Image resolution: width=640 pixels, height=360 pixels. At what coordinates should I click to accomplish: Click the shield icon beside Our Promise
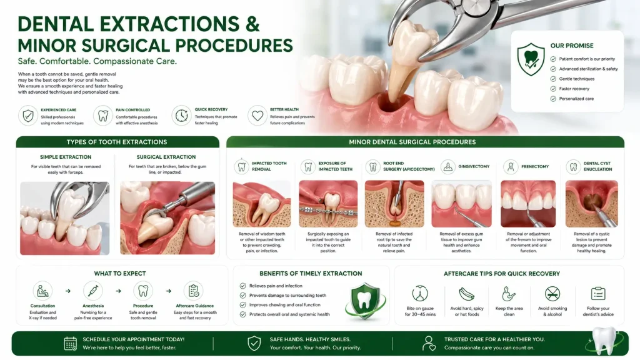click(531, 59)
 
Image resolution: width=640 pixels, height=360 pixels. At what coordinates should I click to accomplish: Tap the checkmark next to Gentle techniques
click(553, 79)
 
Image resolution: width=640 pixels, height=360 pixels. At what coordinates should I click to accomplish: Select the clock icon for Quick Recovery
click(181, 116)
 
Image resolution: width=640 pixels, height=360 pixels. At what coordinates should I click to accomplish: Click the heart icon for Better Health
click(257, 116)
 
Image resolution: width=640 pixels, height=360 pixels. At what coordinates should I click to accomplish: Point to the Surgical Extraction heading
click(166, 157)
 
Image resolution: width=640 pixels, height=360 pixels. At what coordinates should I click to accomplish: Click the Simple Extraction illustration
click(65, 218)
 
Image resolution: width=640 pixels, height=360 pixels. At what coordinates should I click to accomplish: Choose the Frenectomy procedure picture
click(528, 204)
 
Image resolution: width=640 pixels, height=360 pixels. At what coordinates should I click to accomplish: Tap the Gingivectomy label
click(474, 166)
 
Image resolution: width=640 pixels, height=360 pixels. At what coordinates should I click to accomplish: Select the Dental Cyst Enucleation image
click(591, 204)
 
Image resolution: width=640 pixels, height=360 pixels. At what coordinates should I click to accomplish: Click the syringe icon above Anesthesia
click(93, 291)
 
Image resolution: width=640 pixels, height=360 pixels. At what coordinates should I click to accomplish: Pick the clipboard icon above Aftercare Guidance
click(194, 291)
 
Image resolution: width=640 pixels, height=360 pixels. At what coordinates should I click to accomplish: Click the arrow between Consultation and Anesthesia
click(67, 291)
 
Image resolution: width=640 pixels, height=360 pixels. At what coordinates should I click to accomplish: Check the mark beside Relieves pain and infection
click(243, 286)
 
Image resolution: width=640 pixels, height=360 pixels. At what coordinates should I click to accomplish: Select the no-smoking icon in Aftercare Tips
click(552, 294)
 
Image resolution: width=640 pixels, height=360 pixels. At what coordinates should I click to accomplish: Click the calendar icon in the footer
click(70, 343)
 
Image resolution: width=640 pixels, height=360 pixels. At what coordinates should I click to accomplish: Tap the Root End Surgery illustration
click(394, 204)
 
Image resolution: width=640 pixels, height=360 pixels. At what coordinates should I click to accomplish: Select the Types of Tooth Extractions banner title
click(117, 142)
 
